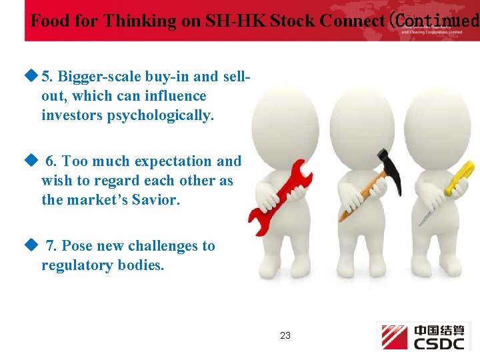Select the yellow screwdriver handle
pos(459,177)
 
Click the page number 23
pos(285,335)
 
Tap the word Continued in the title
pos(437,21)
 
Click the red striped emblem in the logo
pos(394,336)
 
